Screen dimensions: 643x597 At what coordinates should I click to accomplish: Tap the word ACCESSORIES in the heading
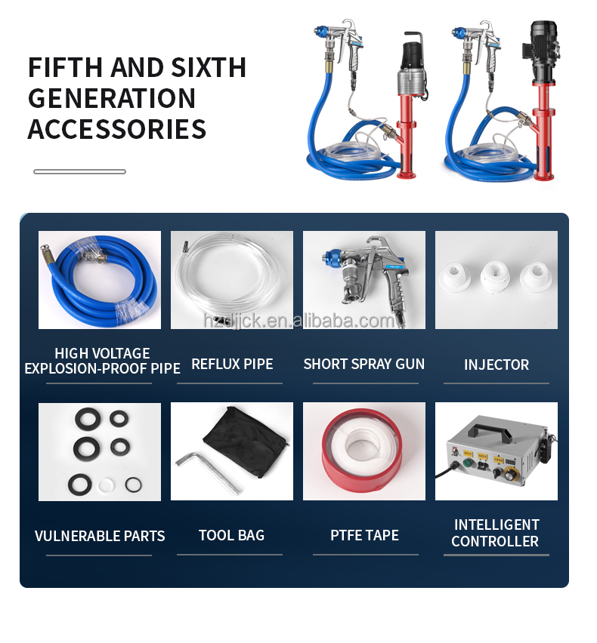click(117, 129)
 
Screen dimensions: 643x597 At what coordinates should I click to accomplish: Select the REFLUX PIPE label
click(232, 364)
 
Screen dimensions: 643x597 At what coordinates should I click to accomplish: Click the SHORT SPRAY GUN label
click(363, 364)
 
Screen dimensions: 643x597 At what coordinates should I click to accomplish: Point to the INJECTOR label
click(496, 365)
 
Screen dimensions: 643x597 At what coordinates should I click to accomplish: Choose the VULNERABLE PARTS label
click(100, 536)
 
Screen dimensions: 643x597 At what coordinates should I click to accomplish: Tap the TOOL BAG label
click(231, 535)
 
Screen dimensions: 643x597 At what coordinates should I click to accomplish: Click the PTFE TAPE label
click(364, 535)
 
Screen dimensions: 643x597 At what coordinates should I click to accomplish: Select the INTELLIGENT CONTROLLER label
click(496, 533)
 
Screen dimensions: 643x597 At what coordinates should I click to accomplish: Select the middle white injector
click(496, 275)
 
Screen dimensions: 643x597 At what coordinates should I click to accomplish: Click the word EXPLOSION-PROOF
click(75, 369)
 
